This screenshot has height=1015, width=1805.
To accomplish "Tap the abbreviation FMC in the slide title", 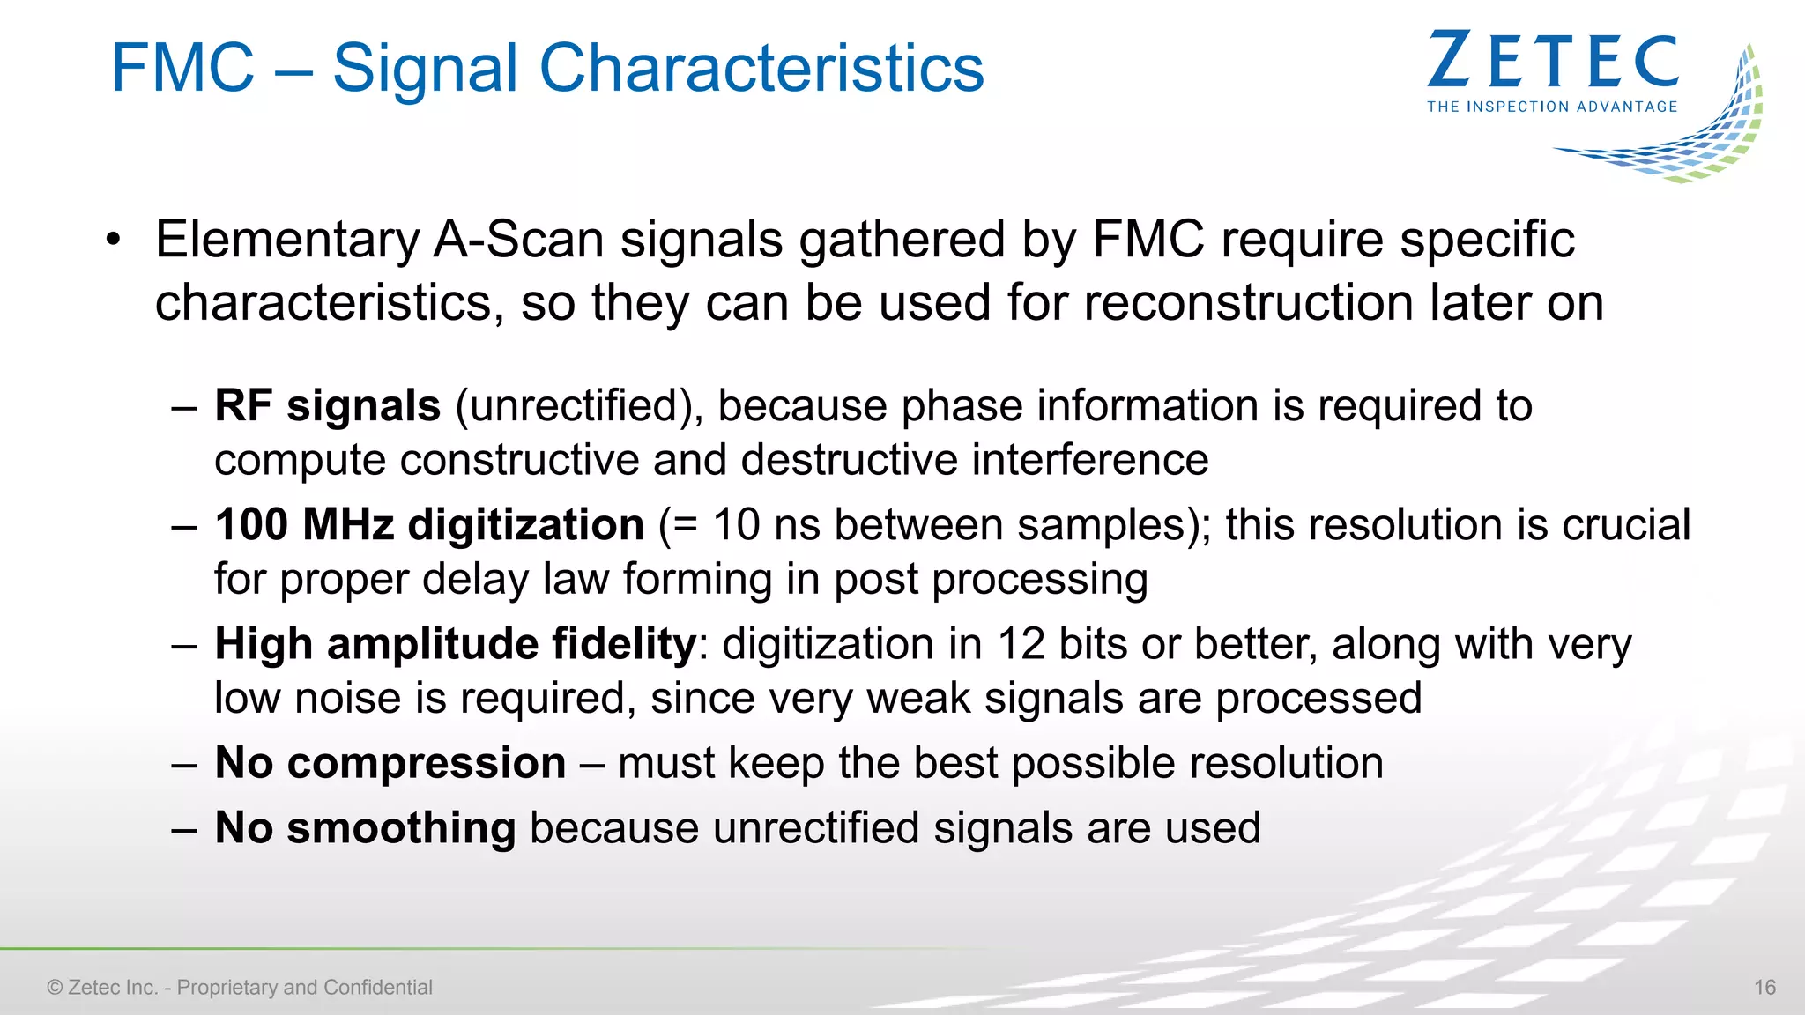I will click(182, 68).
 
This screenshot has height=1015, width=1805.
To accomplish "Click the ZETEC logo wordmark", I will click(1553, 61).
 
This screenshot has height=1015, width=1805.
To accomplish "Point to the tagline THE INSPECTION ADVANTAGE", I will click(1552, 107).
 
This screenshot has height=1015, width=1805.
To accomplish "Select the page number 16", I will click(1764, 988).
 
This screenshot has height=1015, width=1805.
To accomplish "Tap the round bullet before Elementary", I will click(112, 240).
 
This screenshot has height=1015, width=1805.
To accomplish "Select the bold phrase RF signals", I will click(327, 406).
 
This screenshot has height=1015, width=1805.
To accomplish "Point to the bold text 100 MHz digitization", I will click(429, 525).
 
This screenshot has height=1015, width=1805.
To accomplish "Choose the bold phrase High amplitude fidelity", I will click(456, 644).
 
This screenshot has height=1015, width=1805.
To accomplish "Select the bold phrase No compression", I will click(390, 763).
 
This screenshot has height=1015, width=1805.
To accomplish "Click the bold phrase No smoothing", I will click(365, 828).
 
